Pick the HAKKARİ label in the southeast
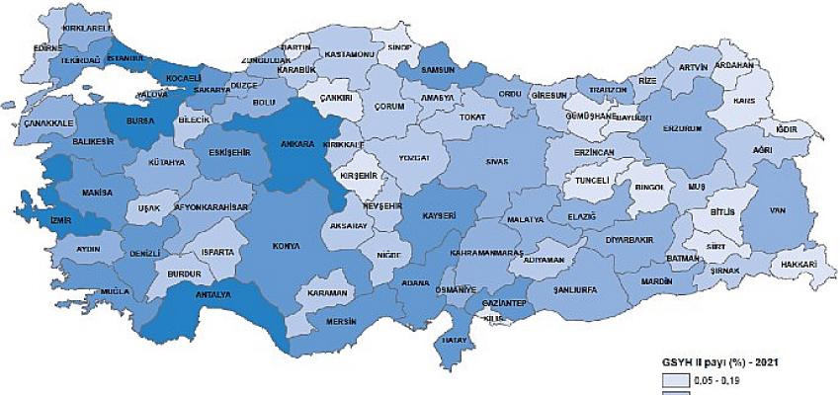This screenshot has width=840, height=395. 798,266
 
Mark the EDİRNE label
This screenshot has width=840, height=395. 47,47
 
